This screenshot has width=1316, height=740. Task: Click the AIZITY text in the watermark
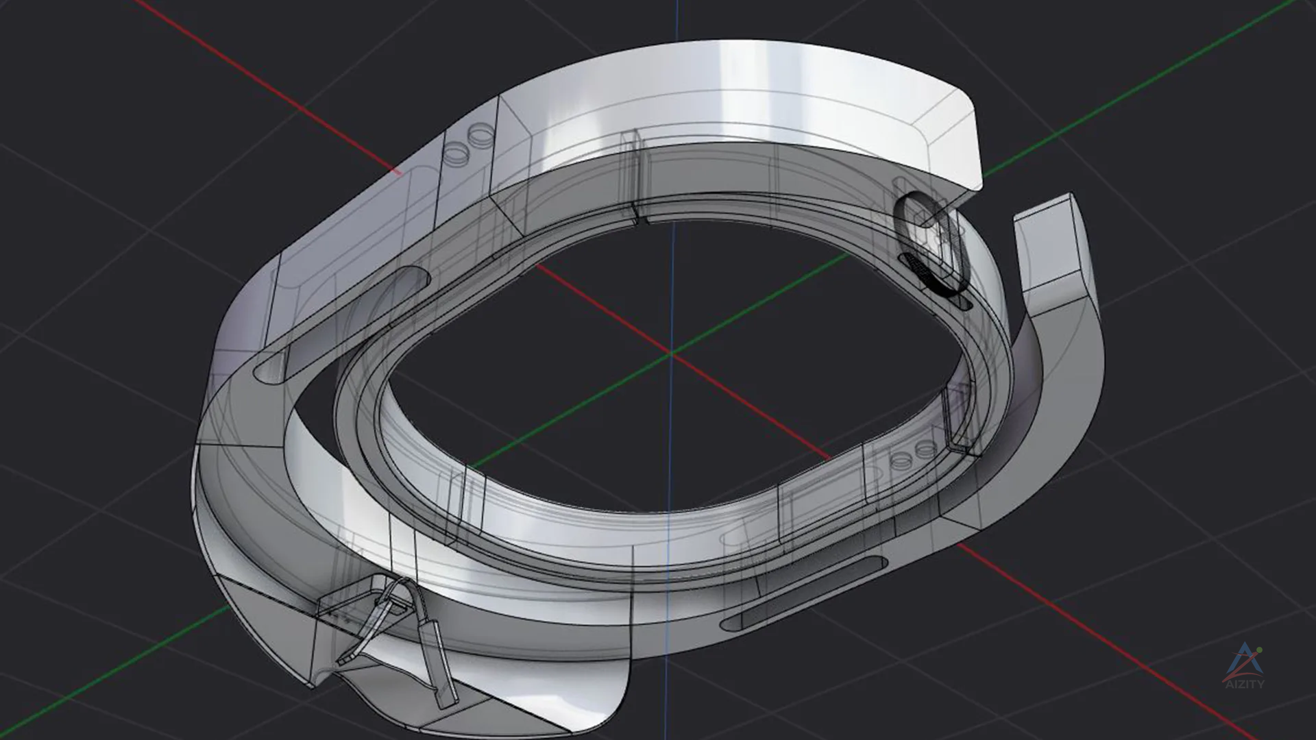tap(1244, 683)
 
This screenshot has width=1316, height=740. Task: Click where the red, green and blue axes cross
tap(672, 353)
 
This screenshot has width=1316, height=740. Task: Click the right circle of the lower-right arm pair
tap(926, 449)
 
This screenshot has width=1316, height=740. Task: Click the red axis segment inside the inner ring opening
tap(603, 308)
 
